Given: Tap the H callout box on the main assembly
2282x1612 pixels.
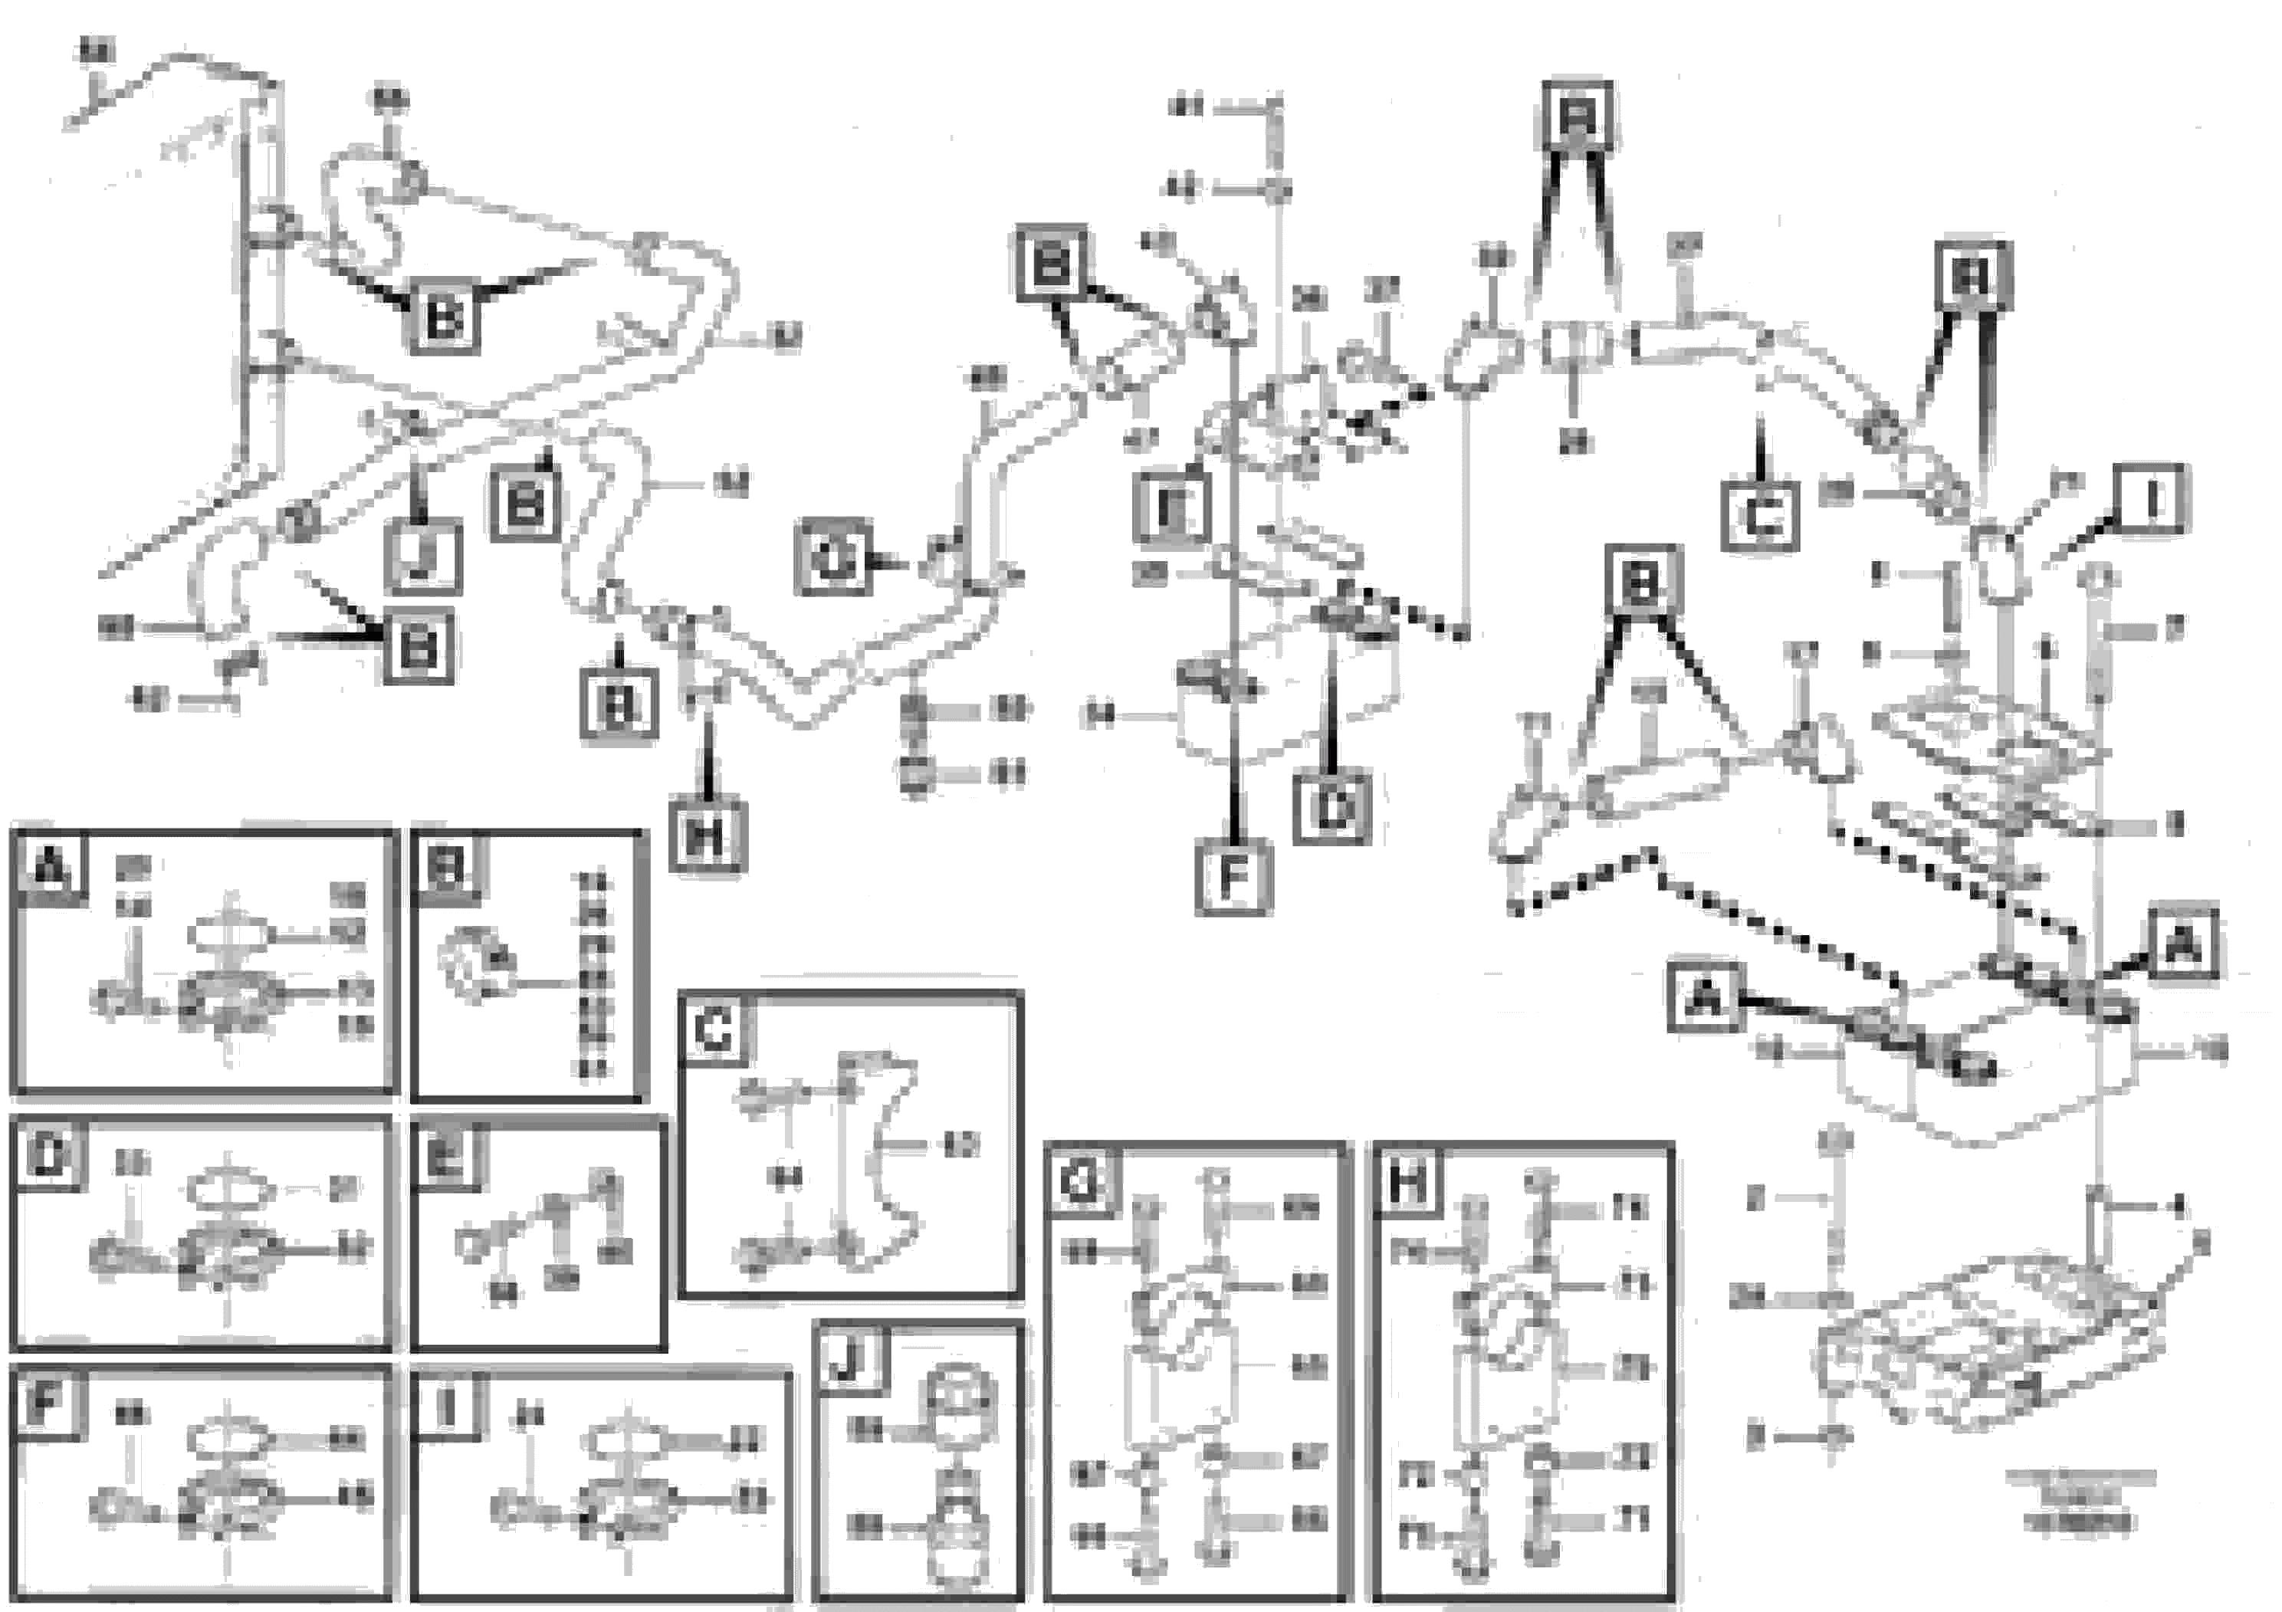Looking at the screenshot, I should (x=707, y=833).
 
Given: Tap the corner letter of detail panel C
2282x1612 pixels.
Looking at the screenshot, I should (x=714, y=1031).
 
